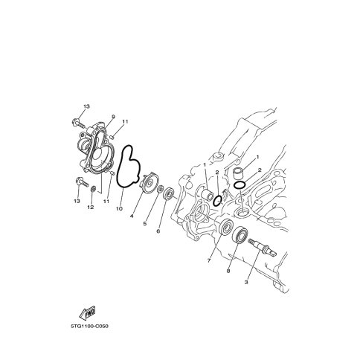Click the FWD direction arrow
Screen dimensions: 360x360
(88, 313)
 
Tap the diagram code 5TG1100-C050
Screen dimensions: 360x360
(89, 327)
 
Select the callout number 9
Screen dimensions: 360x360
(114, 117)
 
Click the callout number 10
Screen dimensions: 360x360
(119, 209)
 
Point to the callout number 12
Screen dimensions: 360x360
(91, 207)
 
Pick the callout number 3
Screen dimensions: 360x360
(246, 282)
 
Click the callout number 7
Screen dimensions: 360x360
(209, 260)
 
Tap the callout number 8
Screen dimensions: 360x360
(228, 271)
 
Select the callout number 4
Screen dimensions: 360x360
(132, 216)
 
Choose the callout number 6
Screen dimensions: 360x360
(158, 231)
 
